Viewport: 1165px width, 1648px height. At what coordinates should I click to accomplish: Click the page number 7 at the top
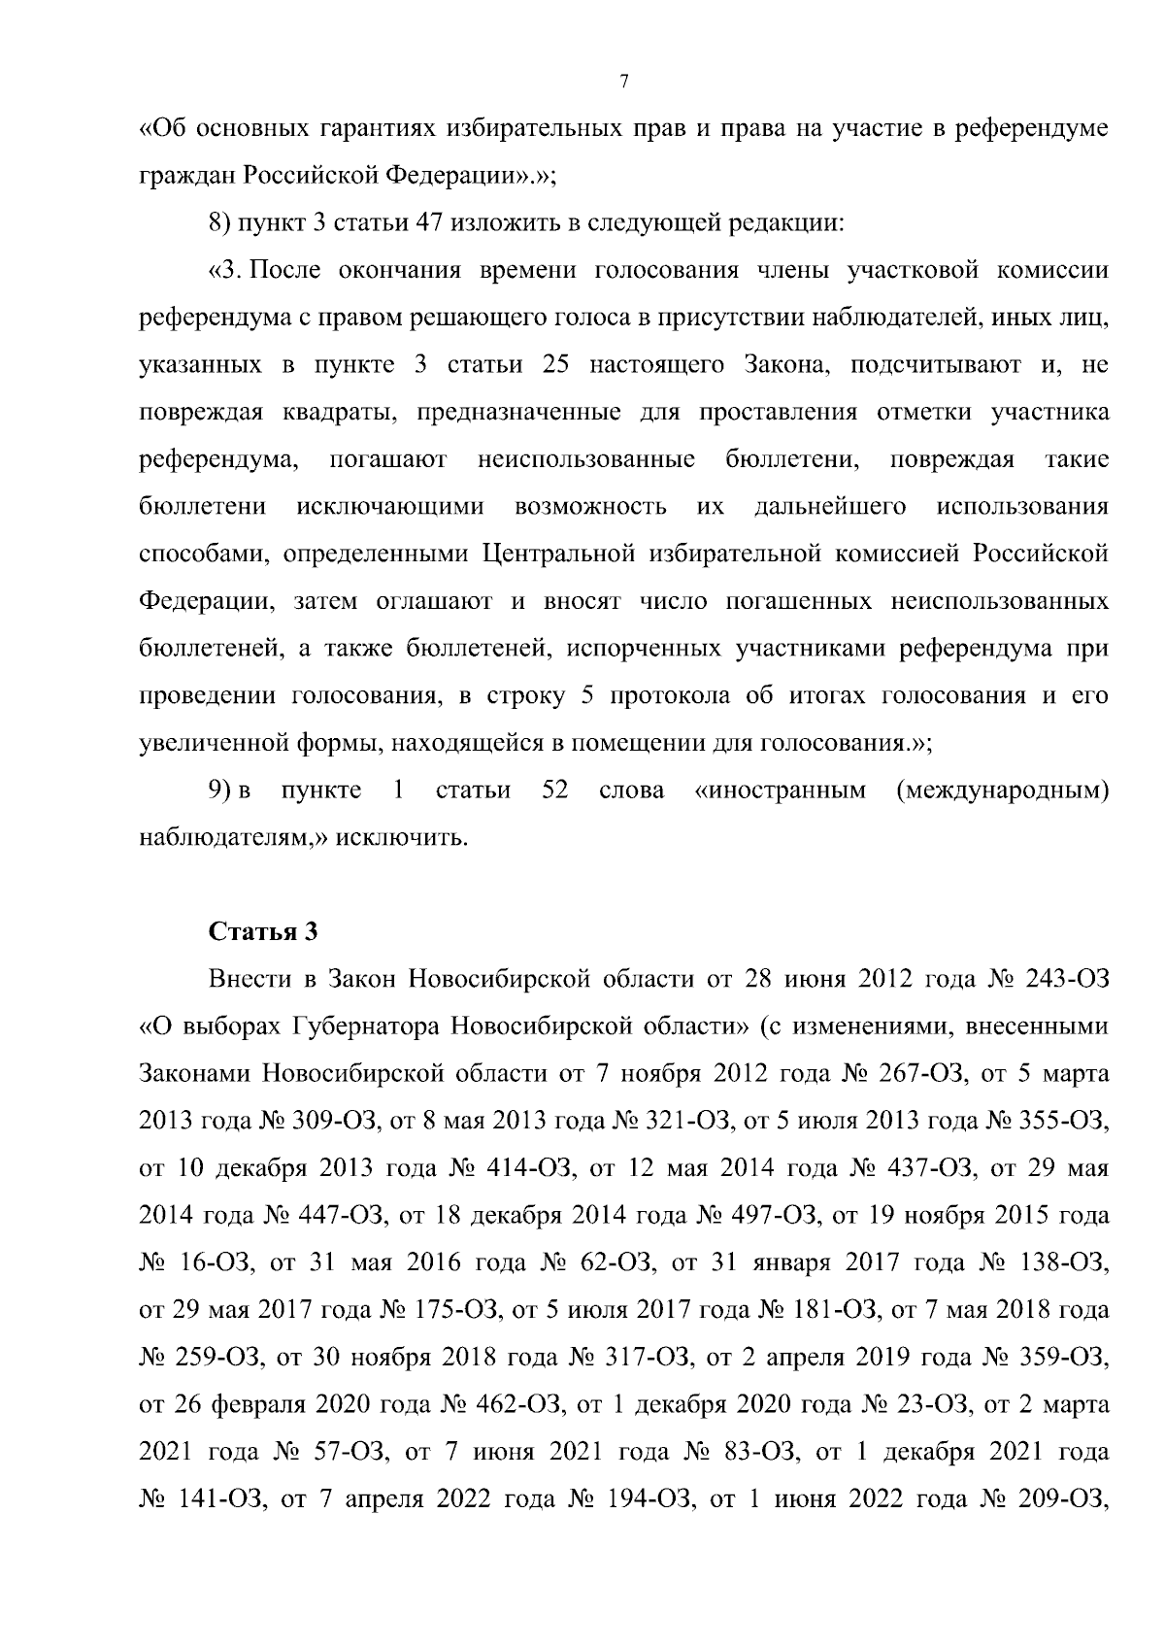coord(624,82)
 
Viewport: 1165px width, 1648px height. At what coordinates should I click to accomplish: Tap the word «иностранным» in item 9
coord(781,790)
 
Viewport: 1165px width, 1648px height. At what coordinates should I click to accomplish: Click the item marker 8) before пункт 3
coord(219,221)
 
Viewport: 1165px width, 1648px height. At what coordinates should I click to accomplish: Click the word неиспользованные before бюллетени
coord(586,459)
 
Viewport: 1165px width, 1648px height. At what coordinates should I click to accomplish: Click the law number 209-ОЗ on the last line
coord(1063,1499)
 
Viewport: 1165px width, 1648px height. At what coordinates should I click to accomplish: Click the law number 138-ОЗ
coord(1063,1262)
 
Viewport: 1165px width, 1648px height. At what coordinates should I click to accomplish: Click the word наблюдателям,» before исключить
coord(232,837)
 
